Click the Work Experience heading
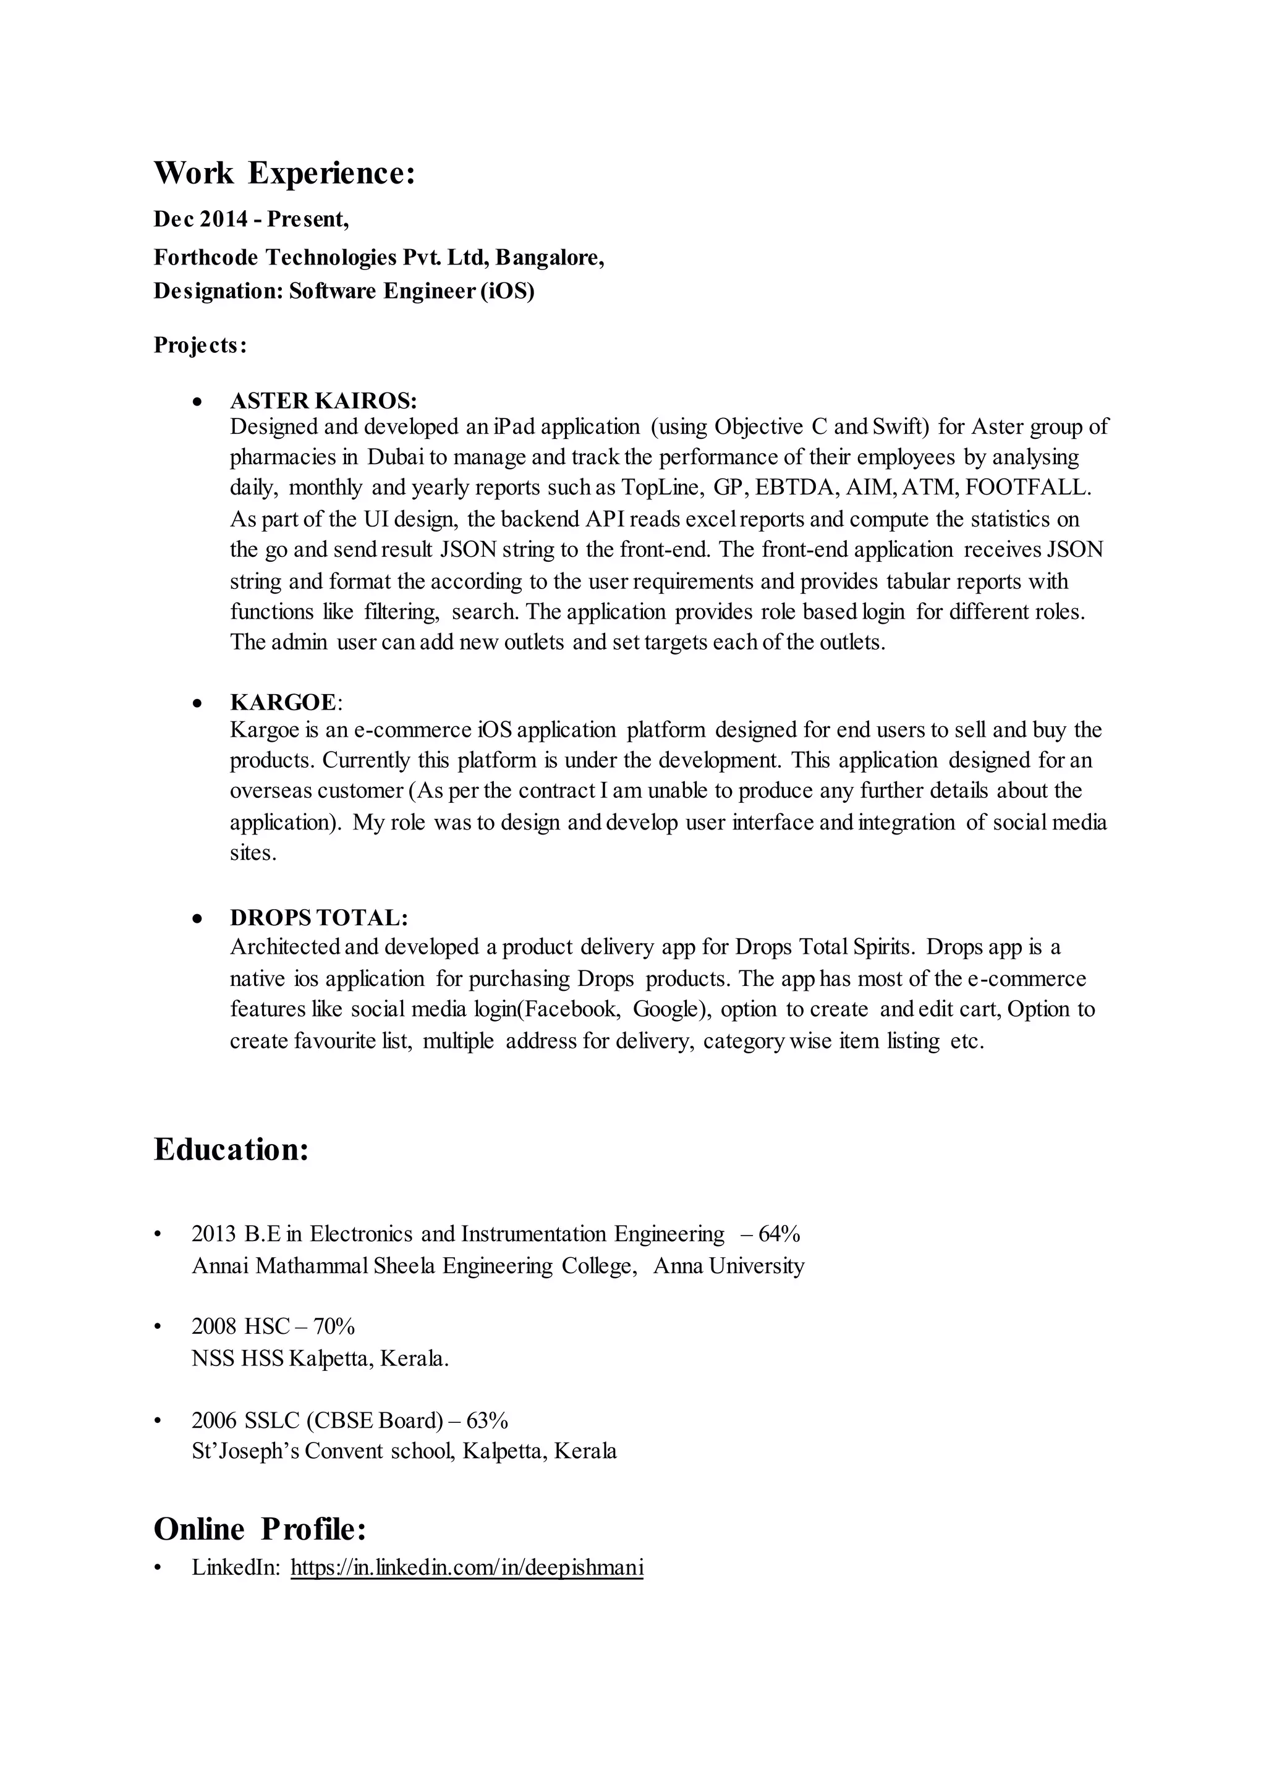click(284, 173)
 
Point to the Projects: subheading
click(200, 345)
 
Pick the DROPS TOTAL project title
click(319, 917)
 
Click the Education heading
click(232, 1149)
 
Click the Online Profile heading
click(260, 1529)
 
